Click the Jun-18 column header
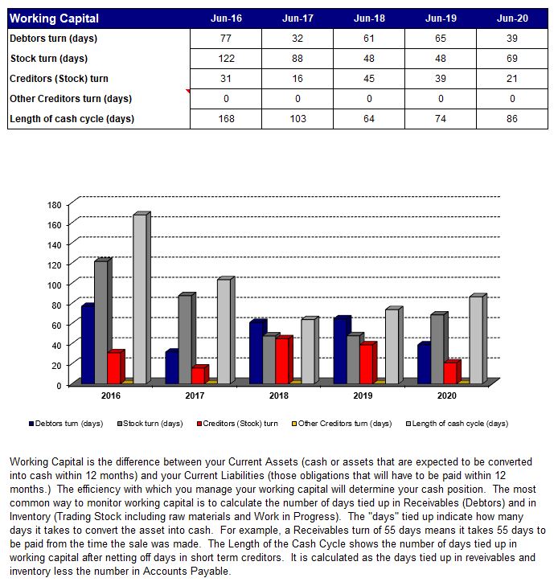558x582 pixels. click(x=369, y=18)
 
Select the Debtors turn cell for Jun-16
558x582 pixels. click(x=226, y=39)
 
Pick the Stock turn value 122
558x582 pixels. click(x=226, y=58)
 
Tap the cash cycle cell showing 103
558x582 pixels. click(x=297, y=119)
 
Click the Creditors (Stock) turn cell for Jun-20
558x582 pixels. click(x=512, y=78)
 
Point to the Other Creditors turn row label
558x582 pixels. click(x=71, y=99)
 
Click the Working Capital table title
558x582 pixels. click(x=54, y=18)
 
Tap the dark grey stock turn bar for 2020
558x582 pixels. click(x=439, y=348)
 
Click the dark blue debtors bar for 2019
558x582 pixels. click(x=342, y=350)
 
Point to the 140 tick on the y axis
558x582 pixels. click(x=54, y=244)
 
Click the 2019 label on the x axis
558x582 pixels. click(x=363, y=396)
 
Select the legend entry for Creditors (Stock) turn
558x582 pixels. click(x=237, y=424)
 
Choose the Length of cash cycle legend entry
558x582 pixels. click(x=457, y=424)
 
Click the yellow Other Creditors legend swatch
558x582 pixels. click(x=294, y=424)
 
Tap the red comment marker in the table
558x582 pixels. click(x=188, y=91)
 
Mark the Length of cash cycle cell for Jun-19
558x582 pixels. click(x=441, y=119)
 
